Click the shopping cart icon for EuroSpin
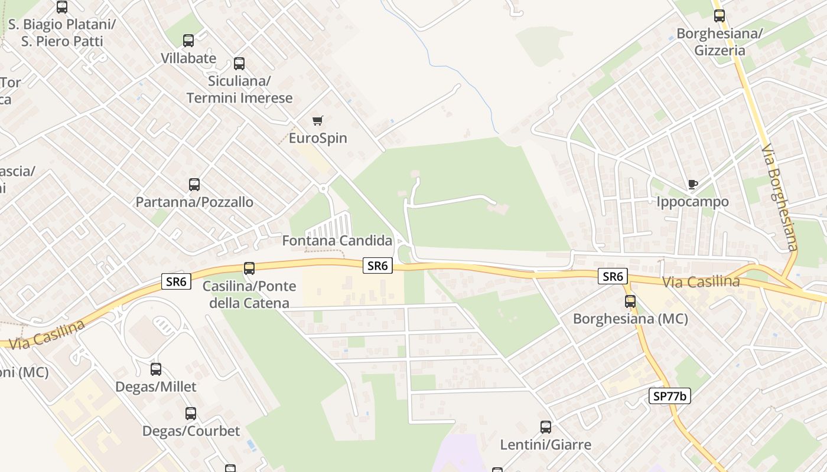coord(317,121)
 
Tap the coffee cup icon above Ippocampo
coord(693,185)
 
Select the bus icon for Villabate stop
coord(188,41)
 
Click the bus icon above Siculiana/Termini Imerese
coord(239,64)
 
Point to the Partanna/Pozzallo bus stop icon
coord(194,185)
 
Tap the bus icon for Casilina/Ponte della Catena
coord(249,268)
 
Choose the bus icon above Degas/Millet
coord(156,369)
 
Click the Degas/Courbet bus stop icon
coord(191,414)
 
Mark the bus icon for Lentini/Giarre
coord(546,427)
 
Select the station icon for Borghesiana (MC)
coord(630,301)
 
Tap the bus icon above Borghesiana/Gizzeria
coord(719,16)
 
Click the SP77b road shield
coord(670,396)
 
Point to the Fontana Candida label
coord(337,241)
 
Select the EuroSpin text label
coord(317,138)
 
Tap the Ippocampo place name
coord(692,202)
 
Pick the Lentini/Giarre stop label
coord(545,444)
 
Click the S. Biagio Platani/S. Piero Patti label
coord(62,32)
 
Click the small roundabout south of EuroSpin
coord(323,189)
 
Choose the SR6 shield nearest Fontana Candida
coord(377,266)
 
